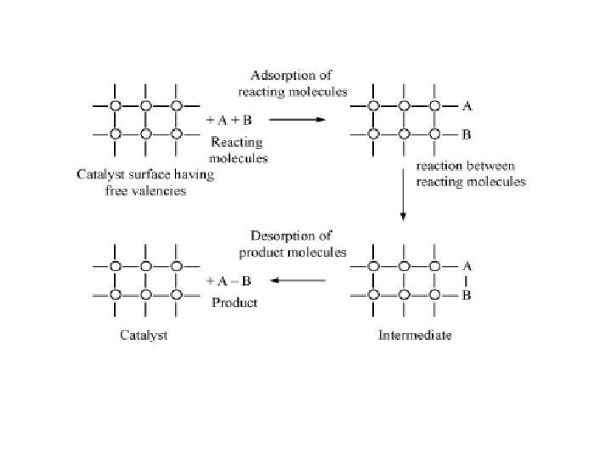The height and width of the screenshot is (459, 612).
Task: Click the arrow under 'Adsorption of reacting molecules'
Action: pyautogui.click(x=294, y=120)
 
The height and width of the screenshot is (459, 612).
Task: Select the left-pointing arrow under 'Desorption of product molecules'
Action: pyautogui.click(x=298, y=280)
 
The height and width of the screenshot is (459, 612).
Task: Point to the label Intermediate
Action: pyautogui.click(x=414, y=335)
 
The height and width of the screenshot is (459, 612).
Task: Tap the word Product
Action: pyautogui.click(x=234, y=303)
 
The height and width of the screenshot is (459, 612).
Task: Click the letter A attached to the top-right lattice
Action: pyautogui.click(x=467, y=106)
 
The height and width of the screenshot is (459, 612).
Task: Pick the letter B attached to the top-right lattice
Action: pyautogui.click(x=467, y=134)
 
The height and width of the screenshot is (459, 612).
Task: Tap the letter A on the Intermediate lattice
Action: pyautogui.click(x=467, y=266)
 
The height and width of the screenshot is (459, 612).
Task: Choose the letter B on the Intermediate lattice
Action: pyautogui.click(x=467, y=295)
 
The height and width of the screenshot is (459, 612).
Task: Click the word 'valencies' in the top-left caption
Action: pyautogui.click(x=159, y=190)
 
